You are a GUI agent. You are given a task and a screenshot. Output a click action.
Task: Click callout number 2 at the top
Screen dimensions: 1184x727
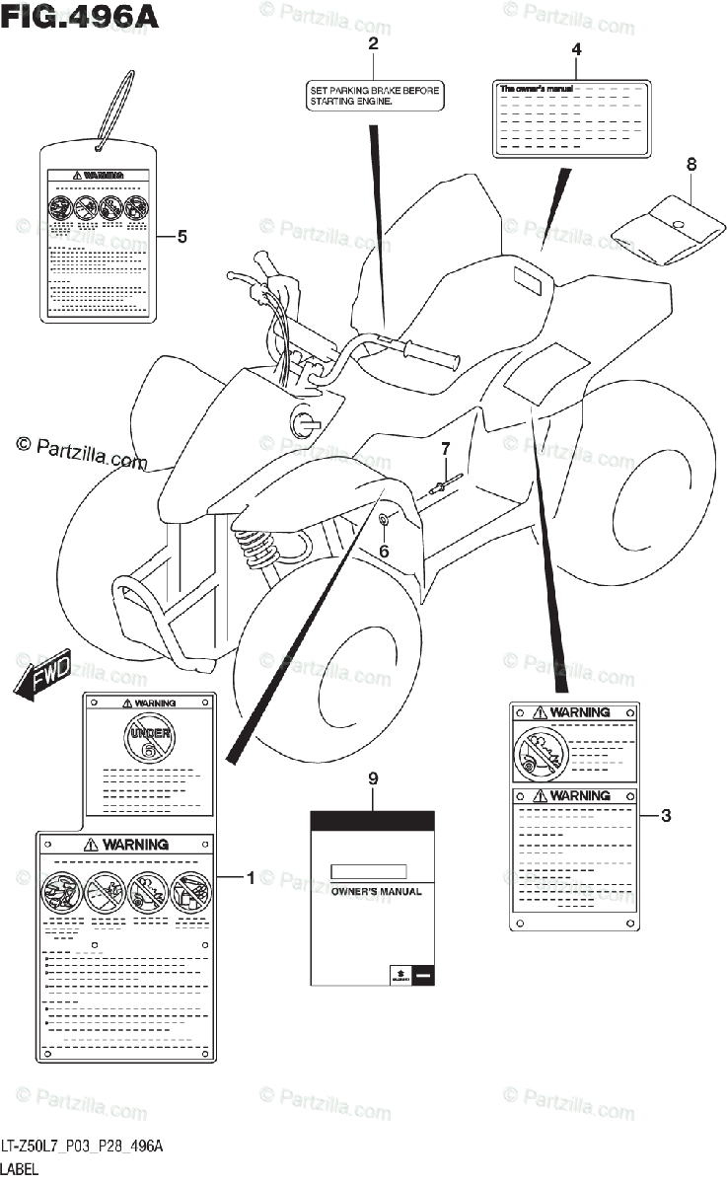(373, 42)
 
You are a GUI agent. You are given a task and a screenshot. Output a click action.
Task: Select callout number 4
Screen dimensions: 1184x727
(576, 48)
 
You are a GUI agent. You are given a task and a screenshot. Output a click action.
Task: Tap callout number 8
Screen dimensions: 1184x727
(691, 164)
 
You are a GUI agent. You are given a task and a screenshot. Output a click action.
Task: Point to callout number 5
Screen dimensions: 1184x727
(182, 236)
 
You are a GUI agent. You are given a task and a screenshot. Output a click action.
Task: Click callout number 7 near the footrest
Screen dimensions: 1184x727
(445, 450)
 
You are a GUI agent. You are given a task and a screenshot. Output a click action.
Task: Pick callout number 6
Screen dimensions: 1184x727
(385, 550)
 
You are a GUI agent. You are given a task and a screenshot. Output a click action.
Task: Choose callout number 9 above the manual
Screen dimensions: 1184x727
(373, 779)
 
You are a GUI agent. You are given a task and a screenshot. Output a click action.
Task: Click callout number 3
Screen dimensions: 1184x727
(666, 815)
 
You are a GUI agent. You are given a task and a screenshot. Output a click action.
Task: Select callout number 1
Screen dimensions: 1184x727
(251, 876)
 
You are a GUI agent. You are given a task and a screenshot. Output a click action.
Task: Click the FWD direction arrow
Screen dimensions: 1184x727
(44, 680)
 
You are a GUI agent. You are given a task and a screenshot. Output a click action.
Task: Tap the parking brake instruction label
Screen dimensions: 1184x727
(372, 95)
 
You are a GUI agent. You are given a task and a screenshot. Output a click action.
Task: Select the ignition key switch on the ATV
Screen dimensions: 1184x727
(303, 422)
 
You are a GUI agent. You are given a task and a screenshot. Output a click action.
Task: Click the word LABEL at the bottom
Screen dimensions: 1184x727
(20, 1168)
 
